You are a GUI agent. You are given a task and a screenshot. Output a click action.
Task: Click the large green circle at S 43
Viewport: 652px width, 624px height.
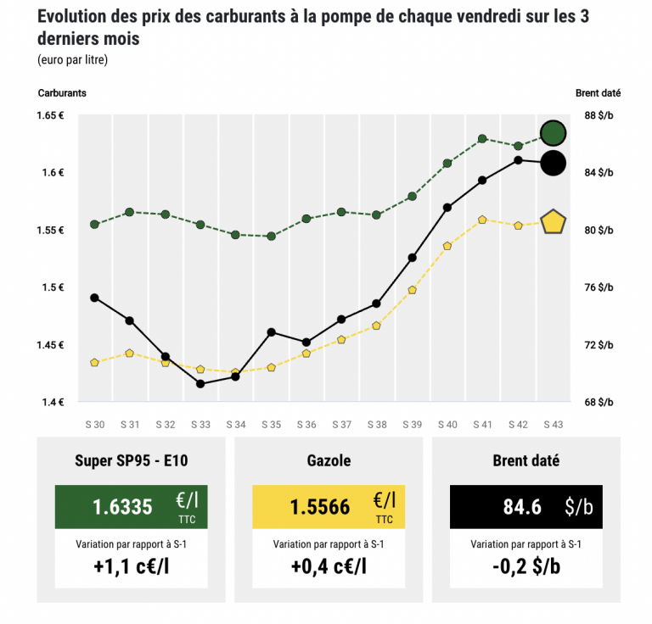click(554, 133)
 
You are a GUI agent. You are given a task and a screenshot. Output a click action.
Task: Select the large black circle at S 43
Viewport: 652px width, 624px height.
click(553, 162)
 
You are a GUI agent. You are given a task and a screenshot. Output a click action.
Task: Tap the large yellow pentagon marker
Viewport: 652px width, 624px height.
click(554, 222)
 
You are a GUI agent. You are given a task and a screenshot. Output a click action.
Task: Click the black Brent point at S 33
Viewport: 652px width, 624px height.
click(200, 383)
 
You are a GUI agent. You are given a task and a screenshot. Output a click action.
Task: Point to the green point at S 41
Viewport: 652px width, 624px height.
click(481, 138)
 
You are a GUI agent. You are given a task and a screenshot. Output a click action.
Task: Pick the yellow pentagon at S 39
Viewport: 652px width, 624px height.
click(412, 290)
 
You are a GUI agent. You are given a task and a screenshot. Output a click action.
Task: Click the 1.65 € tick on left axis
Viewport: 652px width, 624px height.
click(53, 115)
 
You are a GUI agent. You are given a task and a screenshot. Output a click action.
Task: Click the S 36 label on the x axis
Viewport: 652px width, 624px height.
click(306, 424)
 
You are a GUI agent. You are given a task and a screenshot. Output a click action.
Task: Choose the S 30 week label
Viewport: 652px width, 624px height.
click(94, 424)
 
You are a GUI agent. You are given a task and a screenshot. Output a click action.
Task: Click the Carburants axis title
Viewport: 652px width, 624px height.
click(62, 92)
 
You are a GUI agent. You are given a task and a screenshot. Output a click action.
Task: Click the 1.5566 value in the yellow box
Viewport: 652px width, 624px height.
click(319, 507)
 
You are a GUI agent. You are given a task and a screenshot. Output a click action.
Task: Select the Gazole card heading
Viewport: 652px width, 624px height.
click(328, 461)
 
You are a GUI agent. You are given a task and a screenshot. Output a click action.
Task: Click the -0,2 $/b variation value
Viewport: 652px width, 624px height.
click(526, 565)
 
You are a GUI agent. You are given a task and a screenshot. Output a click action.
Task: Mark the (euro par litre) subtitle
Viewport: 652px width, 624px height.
click(72, 59)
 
